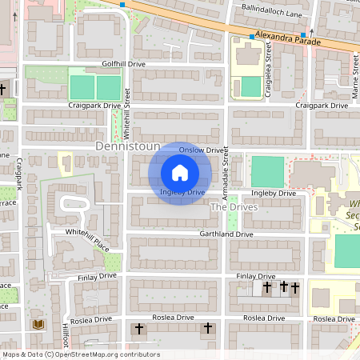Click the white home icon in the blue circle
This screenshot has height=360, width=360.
[x=180, y=172]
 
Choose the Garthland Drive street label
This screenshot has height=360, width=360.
[x=226, y=234]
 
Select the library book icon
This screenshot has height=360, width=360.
[x=38, y=324]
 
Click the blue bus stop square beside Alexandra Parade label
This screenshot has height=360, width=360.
[x=249, y=36]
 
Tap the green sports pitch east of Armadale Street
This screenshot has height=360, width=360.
[x=268, y=172]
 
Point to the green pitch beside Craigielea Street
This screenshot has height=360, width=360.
[x=250, y=86]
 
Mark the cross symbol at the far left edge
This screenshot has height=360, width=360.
[x=3, y=90]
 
